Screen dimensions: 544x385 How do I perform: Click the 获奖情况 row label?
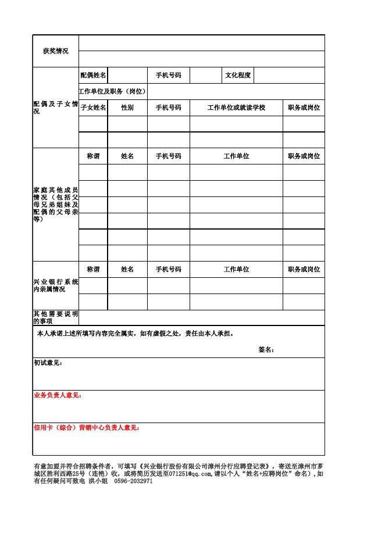tap(55, 51)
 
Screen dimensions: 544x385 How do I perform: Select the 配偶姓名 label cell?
tap(93, 76)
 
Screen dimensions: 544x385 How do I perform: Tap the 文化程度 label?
tap(238, 76)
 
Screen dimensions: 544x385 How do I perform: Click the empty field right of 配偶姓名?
tap(127, 76)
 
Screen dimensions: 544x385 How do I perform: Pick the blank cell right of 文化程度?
tap(289, 76)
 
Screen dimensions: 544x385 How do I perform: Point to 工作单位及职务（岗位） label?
tap(113, 92)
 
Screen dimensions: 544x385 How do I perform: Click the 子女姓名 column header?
tap(93, 108)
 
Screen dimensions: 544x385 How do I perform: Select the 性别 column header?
tap(127, 108)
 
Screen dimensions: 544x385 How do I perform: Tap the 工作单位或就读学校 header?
tap(236, 108)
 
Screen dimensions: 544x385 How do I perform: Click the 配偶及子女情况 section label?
tap(55, 108)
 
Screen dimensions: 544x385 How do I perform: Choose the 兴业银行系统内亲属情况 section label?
tap(55, 285)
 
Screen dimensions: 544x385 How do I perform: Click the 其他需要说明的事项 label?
tap(55, 317)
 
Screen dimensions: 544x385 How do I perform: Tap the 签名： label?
tap(266, 350)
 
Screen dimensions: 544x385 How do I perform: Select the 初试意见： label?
tap(48, 363)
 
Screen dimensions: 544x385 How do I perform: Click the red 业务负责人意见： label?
tap(58, 396)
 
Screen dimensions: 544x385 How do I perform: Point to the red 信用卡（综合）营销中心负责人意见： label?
tap(87, 428)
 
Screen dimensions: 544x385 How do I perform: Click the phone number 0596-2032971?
tap(133, 481)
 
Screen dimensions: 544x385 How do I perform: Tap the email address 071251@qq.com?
tap(188, 474)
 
